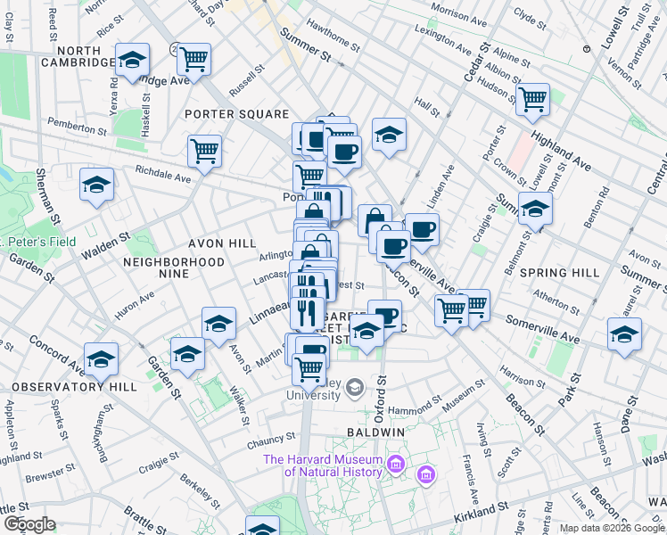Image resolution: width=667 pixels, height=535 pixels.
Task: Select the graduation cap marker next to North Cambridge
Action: coord(132,61)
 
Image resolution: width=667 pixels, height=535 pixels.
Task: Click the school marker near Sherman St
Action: coord(96,185)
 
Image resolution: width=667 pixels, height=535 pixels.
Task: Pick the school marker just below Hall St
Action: coord(389,135)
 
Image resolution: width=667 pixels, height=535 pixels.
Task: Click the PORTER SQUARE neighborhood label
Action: coord(237,114)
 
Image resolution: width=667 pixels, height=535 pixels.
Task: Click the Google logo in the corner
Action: coord(30,524)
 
